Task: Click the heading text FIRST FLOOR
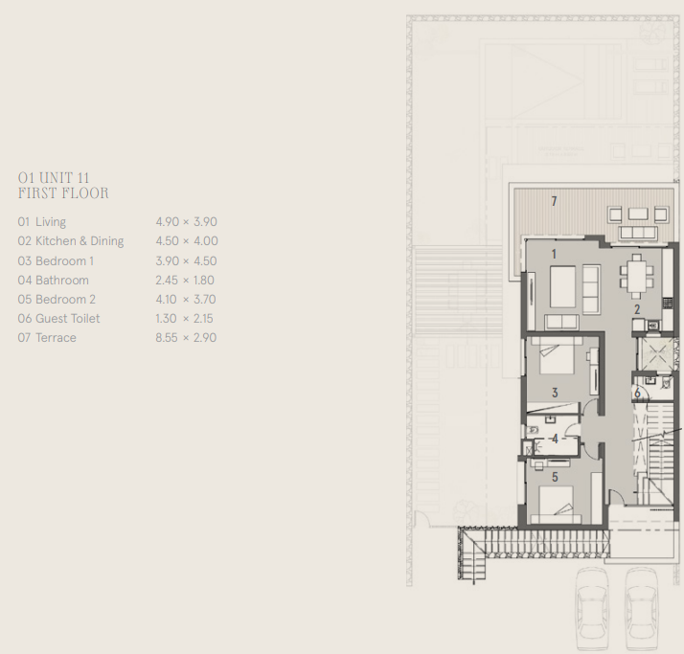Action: pos(63,192)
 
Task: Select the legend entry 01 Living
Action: pos(42,222)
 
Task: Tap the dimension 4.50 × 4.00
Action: pos(187,241)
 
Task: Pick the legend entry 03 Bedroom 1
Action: pos(56,260)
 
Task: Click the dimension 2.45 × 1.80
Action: pos(185,280)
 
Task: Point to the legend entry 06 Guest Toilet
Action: pos(58,318)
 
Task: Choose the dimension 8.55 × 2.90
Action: pos(186,337)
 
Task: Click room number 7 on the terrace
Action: pos(554,201)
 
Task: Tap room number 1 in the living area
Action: pos(554,254)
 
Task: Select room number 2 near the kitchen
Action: pos(637,309)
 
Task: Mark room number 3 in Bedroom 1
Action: pos(555,393)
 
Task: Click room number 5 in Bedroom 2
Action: pos(555,477)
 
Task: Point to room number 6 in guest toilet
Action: pos(637,393)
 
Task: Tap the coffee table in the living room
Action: pos(562,287)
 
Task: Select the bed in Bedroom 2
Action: pos(557,505)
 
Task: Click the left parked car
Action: pos(593,610)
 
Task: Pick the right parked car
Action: pos(641,610)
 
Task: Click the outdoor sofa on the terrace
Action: pos(638,233)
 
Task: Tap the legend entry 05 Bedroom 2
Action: pos(57,299)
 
